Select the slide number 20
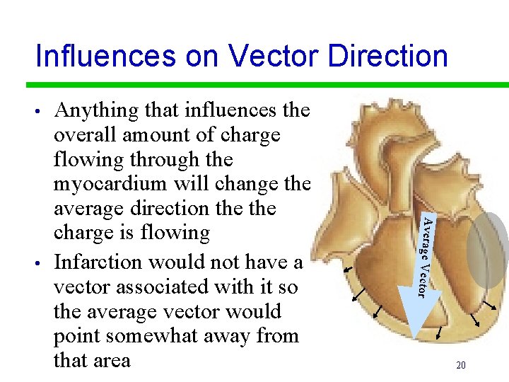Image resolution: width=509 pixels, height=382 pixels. (460, 366)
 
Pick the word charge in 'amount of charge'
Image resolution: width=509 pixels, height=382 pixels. (250, 135)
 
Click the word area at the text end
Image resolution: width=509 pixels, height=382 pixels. (112, 361)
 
